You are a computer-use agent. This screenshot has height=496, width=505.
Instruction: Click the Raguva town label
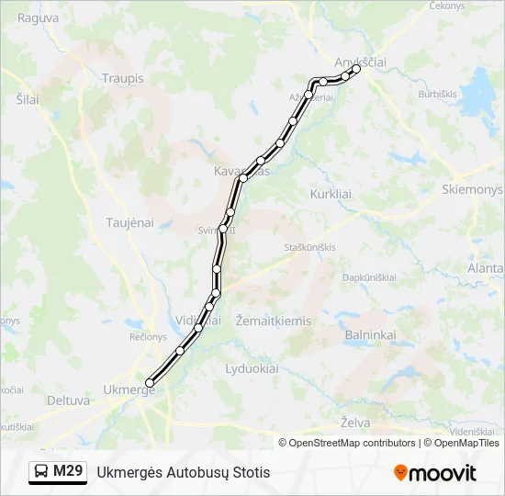[x=38, y=17]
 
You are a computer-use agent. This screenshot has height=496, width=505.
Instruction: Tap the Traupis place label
[x=124, y=78]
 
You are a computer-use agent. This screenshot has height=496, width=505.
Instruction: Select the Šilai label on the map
[x=28, y=99]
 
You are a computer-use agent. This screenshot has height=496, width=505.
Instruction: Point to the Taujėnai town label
[x=129, y=223]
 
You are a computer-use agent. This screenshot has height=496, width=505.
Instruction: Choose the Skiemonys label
[x=472, y=189]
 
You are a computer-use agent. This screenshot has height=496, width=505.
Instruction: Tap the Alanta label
[x=485, y=268]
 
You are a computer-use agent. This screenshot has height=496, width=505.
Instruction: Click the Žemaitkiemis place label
[x=273, y=321]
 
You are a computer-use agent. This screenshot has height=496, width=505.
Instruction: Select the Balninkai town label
[x=370, y=335]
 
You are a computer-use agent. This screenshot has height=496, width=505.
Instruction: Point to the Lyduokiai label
[x=252, y=368]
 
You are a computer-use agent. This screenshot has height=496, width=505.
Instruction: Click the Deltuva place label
[x=68, y=400]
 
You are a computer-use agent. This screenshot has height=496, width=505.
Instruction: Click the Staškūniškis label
[x=309, y=247]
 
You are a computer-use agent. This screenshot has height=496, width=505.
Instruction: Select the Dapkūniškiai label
[x=369, y=277]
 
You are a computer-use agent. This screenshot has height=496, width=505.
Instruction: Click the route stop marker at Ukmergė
[x=150, y=383]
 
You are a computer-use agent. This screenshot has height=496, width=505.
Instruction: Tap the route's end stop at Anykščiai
[x=355, y=69]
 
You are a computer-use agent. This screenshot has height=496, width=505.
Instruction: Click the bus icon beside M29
[x=41, y=472]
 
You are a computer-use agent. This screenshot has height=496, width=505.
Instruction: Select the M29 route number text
[x=68, y=472]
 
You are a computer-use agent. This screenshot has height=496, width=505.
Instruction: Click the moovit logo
[x=435, y=473]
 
